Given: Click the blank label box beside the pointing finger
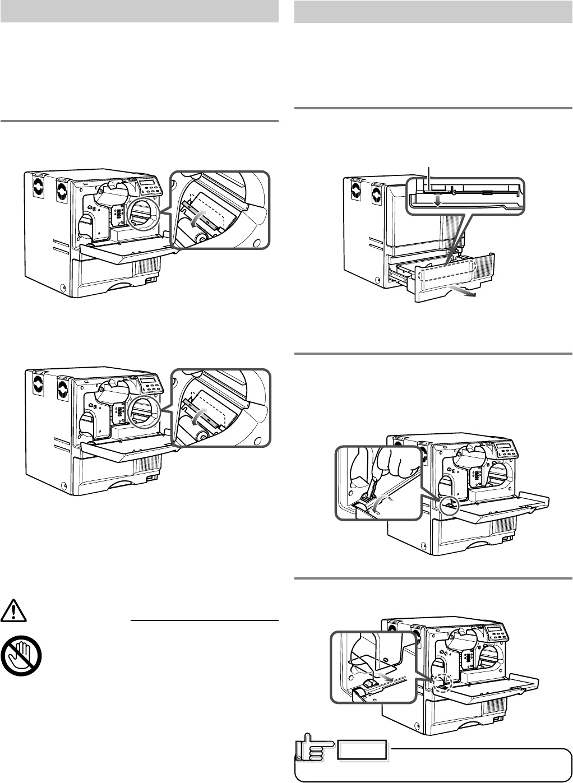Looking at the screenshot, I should (x=362, y=750).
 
